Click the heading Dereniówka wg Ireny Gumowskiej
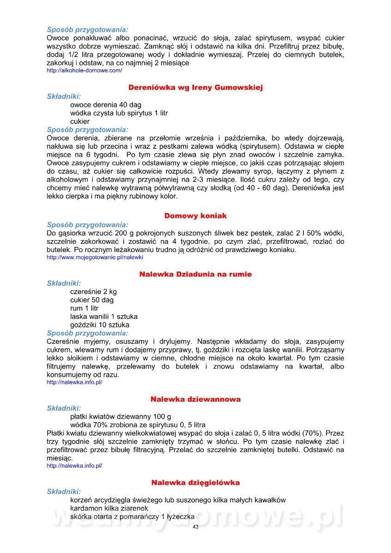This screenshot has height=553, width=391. point(195,88)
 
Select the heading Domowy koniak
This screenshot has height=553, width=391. point(195,216)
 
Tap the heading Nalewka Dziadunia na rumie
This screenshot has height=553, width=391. point(195,274)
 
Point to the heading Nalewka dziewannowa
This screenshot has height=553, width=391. point(195,399)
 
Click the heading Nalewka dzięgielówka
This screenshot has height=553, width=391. point(195,482)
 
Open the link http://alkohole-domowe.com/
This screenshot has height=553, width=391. point(84,71)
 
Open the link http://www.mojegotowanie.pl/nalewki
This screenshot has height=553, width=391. point(95,257)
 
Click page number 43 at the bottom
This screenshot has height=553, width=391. point(195,527)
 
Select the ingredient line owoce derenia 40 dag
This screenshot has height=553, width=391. point(106,105)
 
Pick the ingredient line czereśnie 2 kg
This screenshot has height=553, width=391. point(93,292)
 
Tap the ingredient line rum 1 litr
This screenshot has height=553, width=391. point(84,308)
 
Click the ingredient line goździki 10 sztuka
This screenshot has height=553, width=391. point(100,325)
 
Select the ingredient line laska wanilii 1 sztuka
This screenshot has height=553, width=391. point(104,317)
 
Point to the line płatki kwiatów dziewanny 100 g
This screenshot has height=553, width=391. point(120,416)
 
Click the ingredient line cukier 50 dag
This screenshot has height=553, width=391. point(92,300)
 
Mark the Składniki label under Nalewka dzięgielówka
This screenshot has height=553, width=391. point(64,492)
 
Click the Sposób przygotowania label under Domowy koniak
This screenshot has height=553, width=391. point(88,225)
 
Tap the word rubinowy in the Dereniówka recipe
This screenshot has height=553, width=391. point(131,196)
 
